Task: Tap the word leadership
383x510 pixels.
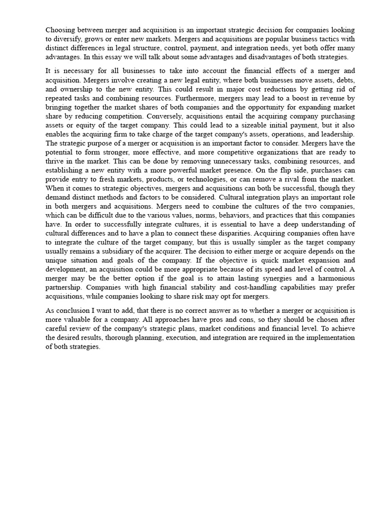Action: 337,134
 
